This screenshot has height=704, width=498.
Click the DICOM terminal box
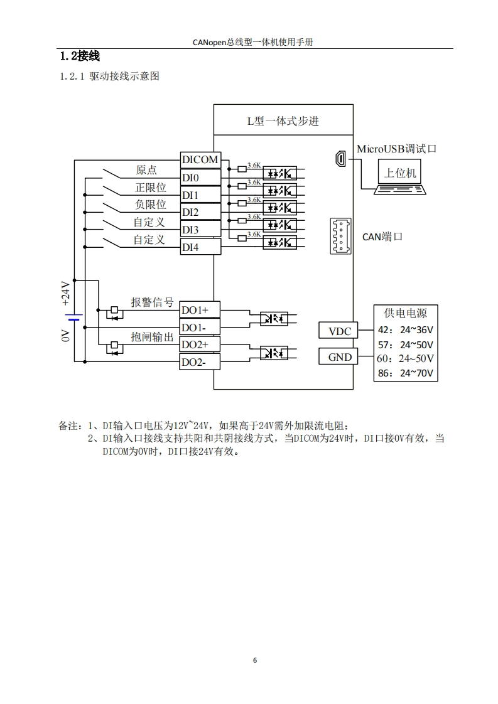(200, 160)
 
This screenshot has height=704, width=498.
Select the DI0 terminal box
(200, 178)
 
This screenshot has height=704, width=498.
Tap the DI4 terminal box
(200, 247)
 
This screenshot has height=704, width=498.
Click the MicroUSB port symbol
(340, 159)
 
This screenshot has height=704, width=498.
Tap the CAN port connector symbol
(340, 237)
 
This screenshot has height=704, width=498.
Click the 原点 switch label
(146, 170)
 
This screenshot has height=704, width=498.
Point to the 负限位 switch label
(151, 205)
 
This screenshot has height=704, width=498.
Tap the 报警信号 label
(152, 302)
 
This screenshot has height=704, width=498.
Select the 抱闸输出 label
(152, 337)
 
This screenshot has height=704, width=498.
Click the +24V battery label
(66, 294)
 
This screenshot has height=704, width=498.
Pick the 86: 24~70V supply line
(405, 373)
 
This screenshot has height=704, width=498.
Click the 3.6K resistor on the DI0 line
(242, 186)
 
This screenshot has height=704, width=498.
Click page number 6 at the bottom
(254, 660)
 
